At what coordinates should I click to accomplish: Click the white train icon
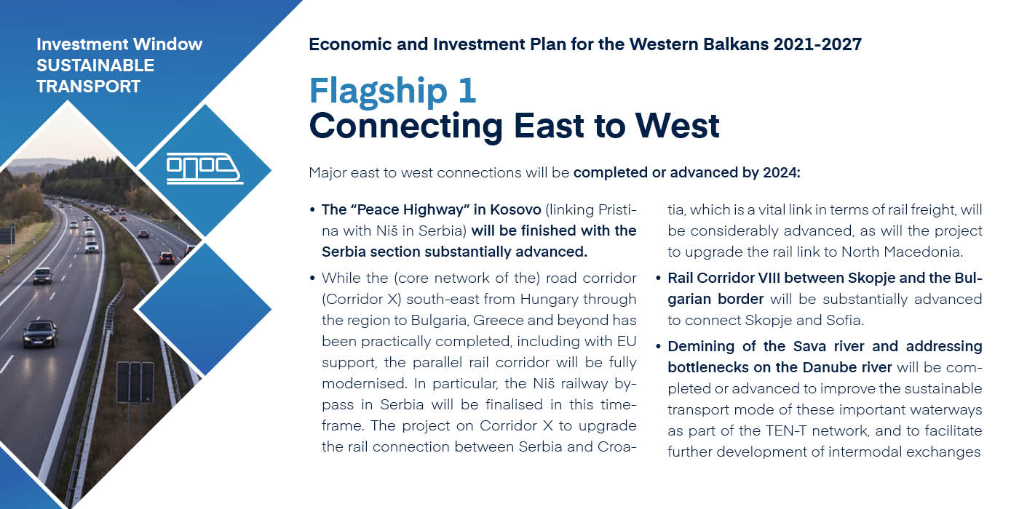coord(205,168)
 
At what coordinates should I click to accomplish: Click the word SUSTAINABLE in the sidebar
coord(95,65)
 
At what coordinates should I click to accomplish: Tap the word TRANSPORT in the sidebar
coord(88,87)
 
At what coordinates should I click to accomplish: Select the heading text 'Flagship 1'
coord(392,92)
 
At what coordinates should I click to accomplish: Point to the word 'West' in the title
coord(678,125)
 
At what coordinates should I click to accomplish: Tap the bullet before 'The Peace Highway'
coord(312,210)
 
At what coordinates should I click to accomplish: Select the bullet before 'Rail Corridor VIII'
coord(658,278)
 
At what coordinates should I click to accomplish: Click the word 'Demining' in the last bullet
coord(701,346)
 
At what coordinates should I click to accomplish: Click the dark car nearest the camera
coord(41,333)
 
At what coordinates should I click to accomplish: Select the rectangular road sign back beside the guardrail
coord(135,382)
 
